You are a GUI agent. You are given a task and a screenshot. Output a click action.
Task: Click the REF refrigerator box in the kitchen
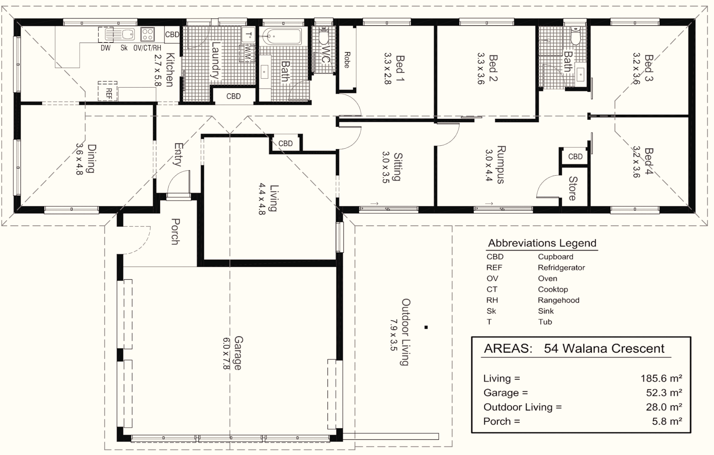(x=108, y=91)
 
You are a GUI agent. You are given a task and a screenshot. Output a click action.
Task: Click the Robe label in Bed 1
(x=347, y=59)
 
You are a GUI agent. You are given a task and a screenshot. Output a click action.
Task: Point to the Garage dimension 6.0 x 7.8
(x=226, y=353)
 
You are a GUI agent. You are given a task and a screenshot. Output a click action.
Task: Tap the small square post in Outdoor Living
(x=427, y=327)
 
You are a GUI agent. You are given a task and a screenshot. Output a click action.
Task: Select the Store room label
(x=572, y=188)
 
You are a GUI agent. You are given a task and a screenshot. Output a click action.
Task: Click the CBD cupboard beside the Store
(x=575, y=156)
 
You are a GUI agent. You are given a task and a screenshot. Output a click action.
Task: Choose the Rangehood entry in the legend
(x=558, y=300)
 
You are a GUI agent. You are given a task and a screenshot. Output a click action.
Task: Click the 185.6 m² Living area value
(x=661, y=378)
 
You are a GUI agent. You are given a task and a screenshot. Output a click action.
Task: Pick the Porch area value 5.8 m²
(x=667, y=421)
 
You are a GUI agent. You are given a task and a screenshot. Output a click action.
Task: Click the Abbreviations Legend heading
(x=542, y=243)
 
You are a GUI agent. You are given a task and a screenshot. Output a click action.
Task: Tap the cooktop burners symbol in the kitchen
(x=148, y=34)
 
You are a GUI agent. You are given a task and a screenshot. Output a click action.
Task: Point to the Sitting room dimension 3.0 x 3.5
(x=385, y=167)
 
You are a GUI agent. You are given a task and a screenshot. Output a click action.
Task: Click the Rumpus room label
(x=500, y=164)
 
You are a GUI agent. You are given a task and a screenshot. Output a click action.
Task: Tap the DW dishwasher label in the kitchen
(x=105, y=48)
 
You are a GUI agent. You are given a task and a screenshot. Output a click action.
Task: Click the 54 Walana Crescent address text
(x=604, y=348)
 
